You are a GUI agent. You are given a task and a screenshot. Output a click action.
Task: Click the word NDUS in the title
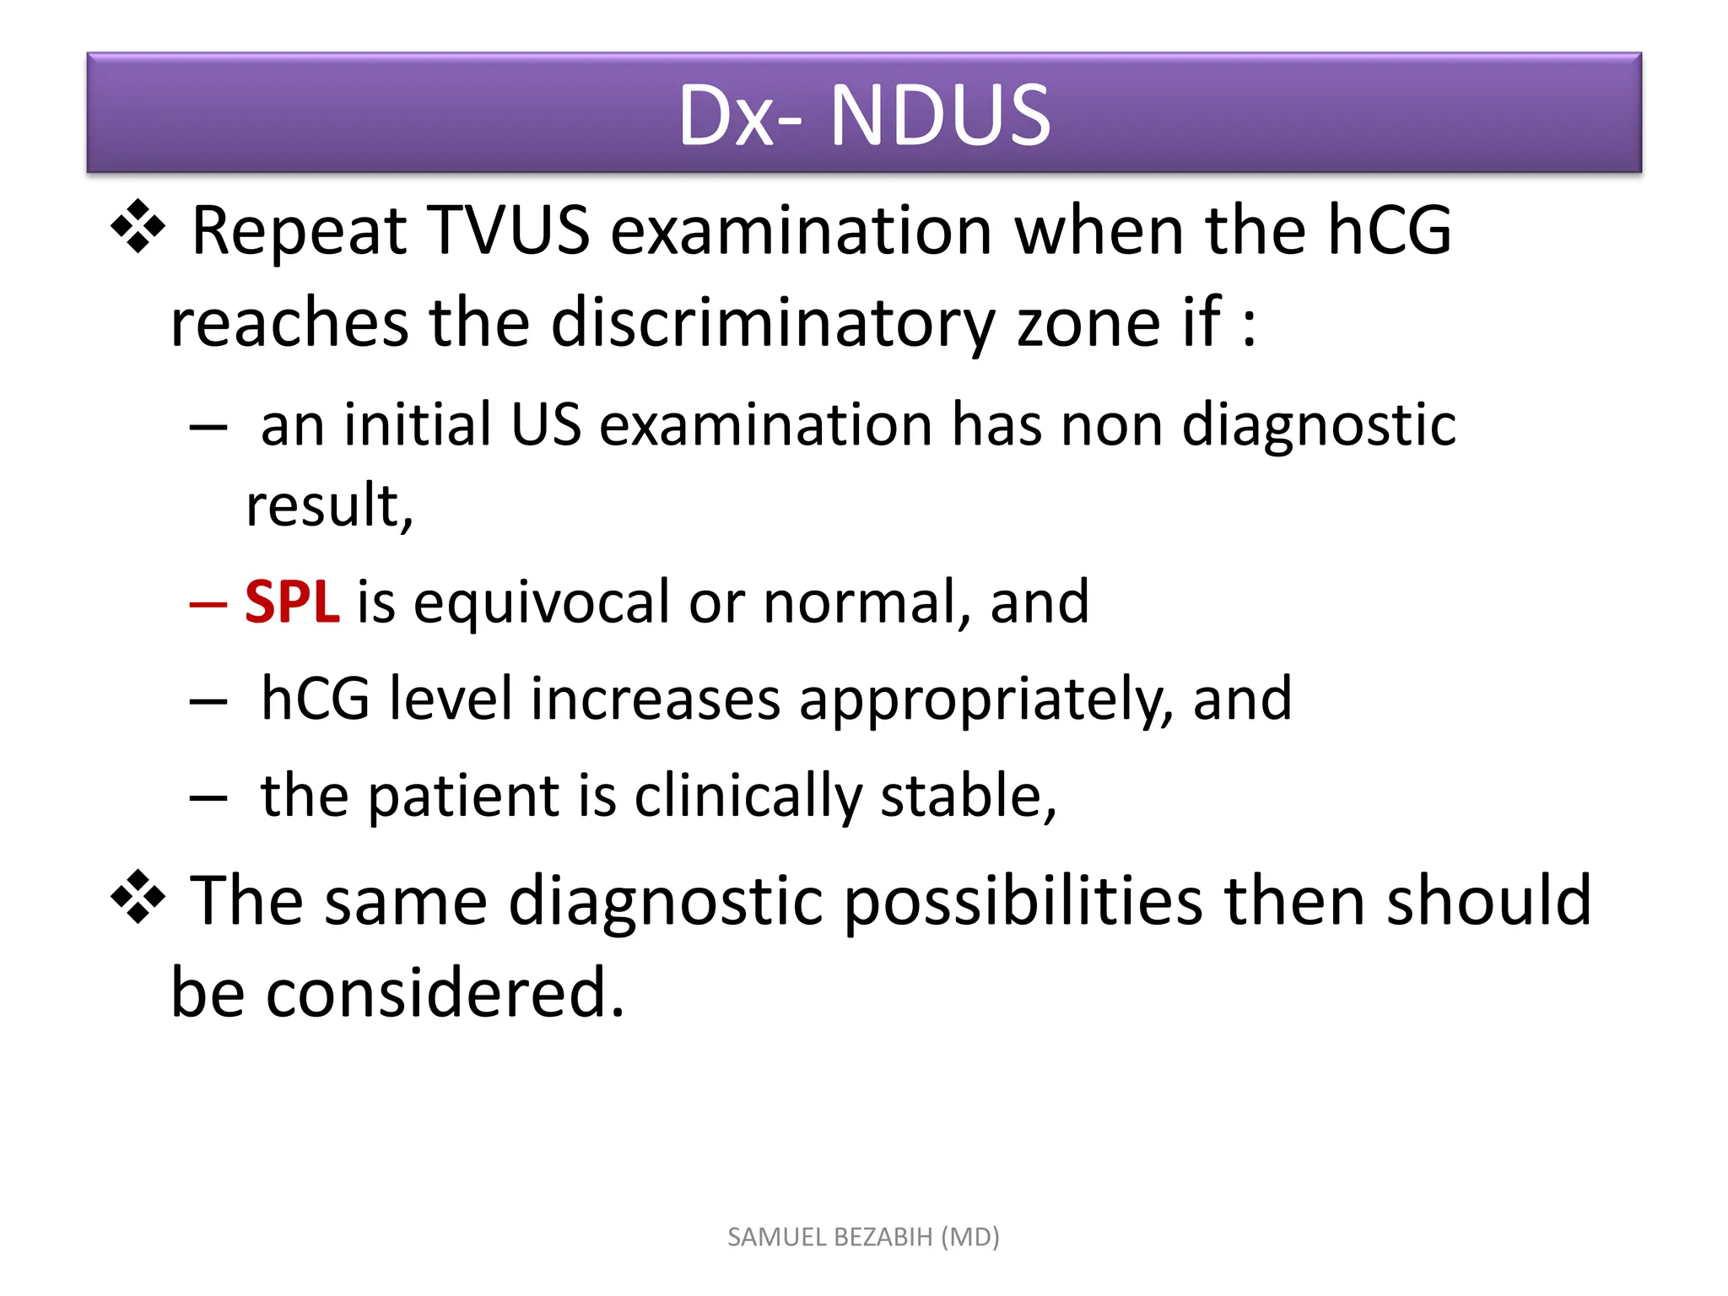pyautogui.click(x=940, y=116)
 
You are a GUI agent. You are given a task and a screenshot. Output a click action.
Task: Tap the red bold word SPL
pyautogui.click(x=292, y=602)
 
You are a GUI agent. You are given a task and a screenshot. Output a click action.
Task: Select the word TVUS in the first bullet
pyautogui.click(x=508, y=230)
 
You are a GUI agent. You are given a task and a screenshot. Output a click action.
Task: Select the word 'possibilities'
pyautogui.click(x=1023, y=902)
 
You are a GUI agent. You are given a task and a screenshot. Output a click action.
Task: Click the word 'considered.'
pyautogui.click(x=445, y=994)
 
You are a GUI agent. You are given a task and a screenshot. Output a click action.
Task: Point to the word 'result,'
pyautogui.click(x=329, y=506)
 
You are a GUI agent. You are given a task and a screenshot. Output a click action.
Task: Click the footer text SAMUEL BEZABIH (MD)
pyautogui.click(x=863, y=1237)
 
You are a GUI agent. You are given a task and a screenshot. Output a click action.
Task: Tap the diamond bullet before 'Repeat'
pyautogui.click(x=138, y=228)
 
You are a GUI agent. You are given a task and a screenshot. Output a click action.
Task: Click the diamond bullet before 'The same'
pyautogui.click(x=138, y=898)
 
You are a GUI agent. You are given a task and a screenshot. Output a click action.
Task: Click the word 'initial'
pyautogui.click(x=417, y=425)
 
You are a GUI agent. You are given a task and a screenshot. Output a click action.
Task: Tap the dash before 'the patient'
pyautogui.click(x=208, y=797)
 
